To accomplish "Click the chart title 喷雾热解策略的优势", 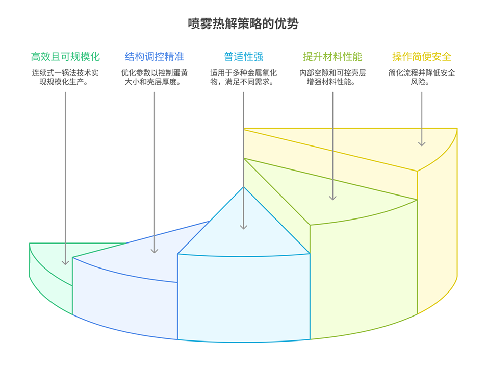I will (x=243, y=24).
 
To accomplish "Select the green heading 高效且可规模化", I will (x=65, y=57).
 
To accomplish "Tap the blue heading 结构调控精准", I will (x=154, y=57).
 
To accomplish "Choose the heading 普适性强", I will (x=243, y=57).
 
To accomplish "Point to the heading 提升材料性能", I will (x=332, y=57).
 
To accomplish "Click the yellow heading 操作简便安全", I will (x=422, y=57).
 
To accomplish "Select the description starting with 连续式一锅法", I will (x=65, y=77).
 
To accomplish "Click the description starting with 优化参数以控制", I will (x=154, y=77).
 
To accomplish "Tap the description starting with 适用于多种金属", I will (x=243, y=77).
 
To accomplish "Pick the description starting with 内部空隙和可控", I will (x=332, y=77).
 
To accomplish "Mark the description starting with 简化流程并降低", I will (x=422, y=77).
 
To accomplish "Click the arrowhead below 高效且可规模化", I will (x=65, y=262).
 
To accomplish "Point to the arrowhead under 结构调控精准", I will (x=154, y=250).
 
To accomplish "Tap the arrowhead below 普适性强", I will (x=243, y=226).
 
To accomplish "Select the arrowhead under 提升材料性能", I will (x=332, y=197).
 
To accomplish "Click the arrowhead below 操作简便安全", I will (x=422, y=143).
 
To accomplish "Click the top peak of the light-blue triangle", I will (x=244, y=187).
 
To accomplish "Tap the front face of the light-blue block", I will (x=243, y=296).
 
